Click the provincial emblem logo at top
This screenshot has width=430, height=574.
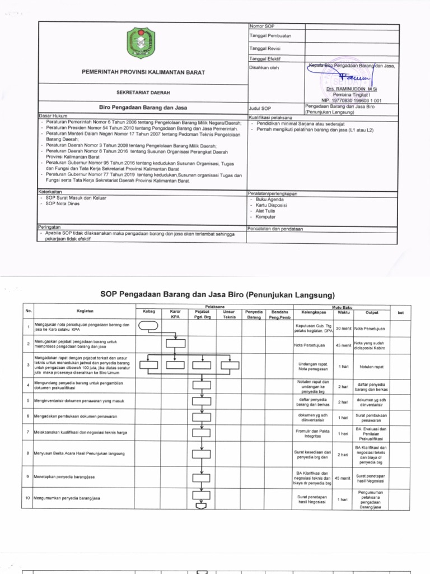point(143,47)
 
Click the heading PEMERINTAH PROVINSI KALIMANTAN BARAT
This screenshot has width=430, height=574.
point(143,73)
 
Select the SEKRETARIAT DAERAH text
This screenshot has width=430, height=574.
point(143,91)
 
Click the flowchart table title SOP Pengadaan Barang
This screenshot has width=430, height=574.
point(217,294)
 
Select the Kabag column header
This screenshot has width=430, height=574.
point(149,312)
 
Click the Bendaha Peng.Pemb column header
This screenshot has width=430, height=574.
point(279,314)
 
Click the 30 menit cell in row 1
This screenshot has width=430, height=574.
point(343,327)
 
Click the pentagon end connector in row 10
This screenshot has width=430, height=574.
point(201,507)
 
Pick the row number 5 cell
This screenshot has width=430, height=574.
point(27,401)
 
